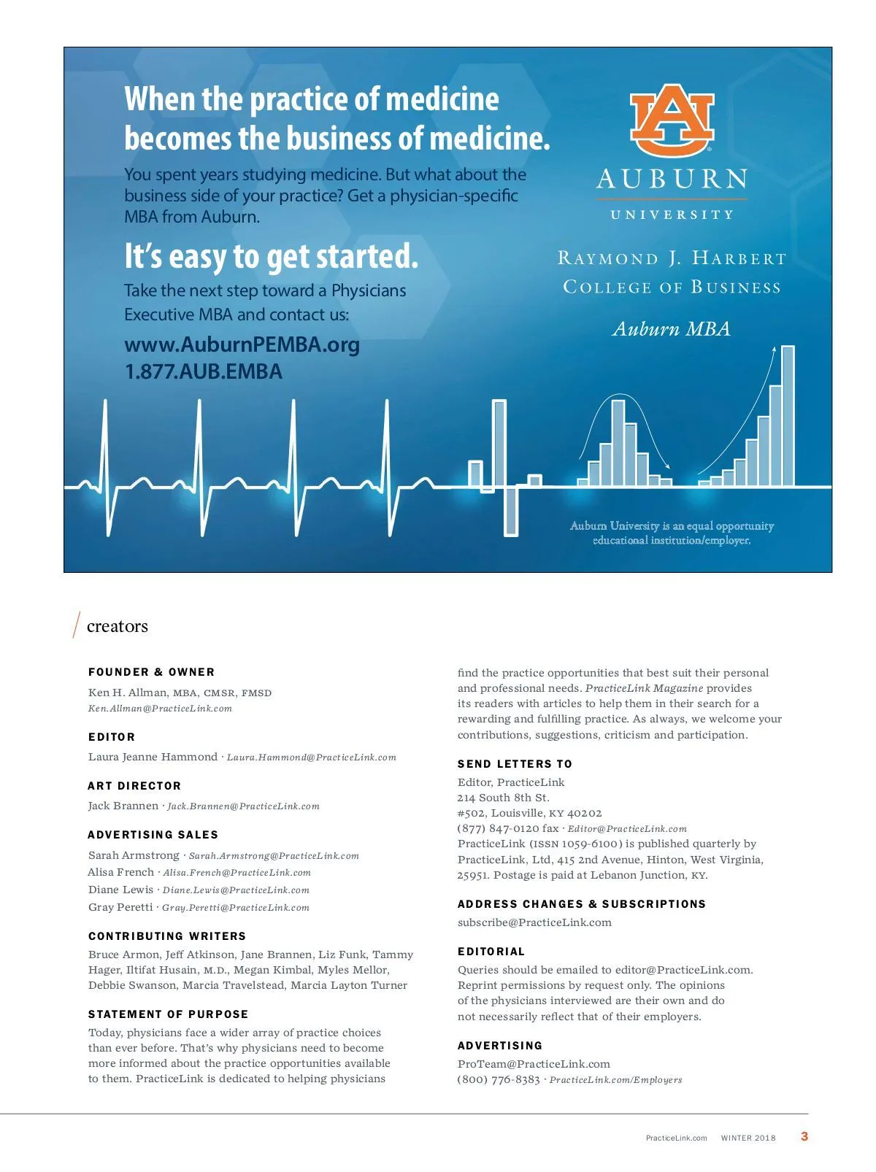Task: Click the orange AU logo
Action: (x=672, y=120)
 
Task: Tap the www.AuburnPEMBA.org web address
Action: (x=242, y=344)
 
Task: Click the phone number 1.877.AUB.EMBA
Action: (x=203, y=371)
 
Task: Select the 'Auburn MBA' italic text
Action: (x=671, y=329)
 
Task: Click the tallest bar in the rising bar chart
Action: (x=788, y=416)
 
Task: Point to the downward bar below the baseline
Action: (x=511, y=511)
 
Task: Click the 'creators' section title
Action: (x=117, y=626)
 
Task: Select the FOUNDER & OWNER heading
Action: (x=151, y=672)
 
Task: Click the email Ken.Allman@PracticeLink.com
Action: (x=160, y=709)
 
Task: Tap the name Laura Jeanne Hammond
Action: (x=153, y=757)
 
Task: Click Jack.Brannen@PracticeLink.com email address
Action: (x=243, y=806)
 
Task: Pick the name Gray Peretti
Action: (x=120, y=907)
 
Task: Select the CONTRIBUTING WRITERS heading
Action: (x=167, y=936)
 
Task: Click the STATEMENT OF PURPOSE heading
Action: (x=168, y=1014)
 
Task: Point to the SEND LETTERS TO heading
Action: (x=515, y=764)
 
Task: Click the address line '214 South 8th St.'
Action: (x=503, y=798)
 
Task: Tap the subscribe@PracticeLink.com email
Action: (x=534, y=922)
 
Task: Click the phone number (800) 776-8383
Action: (x=499, y=1079)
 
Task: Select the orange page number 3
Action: (x=804, y=1136)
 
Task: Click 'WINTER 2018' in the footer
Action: (x=748, y=1138)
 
